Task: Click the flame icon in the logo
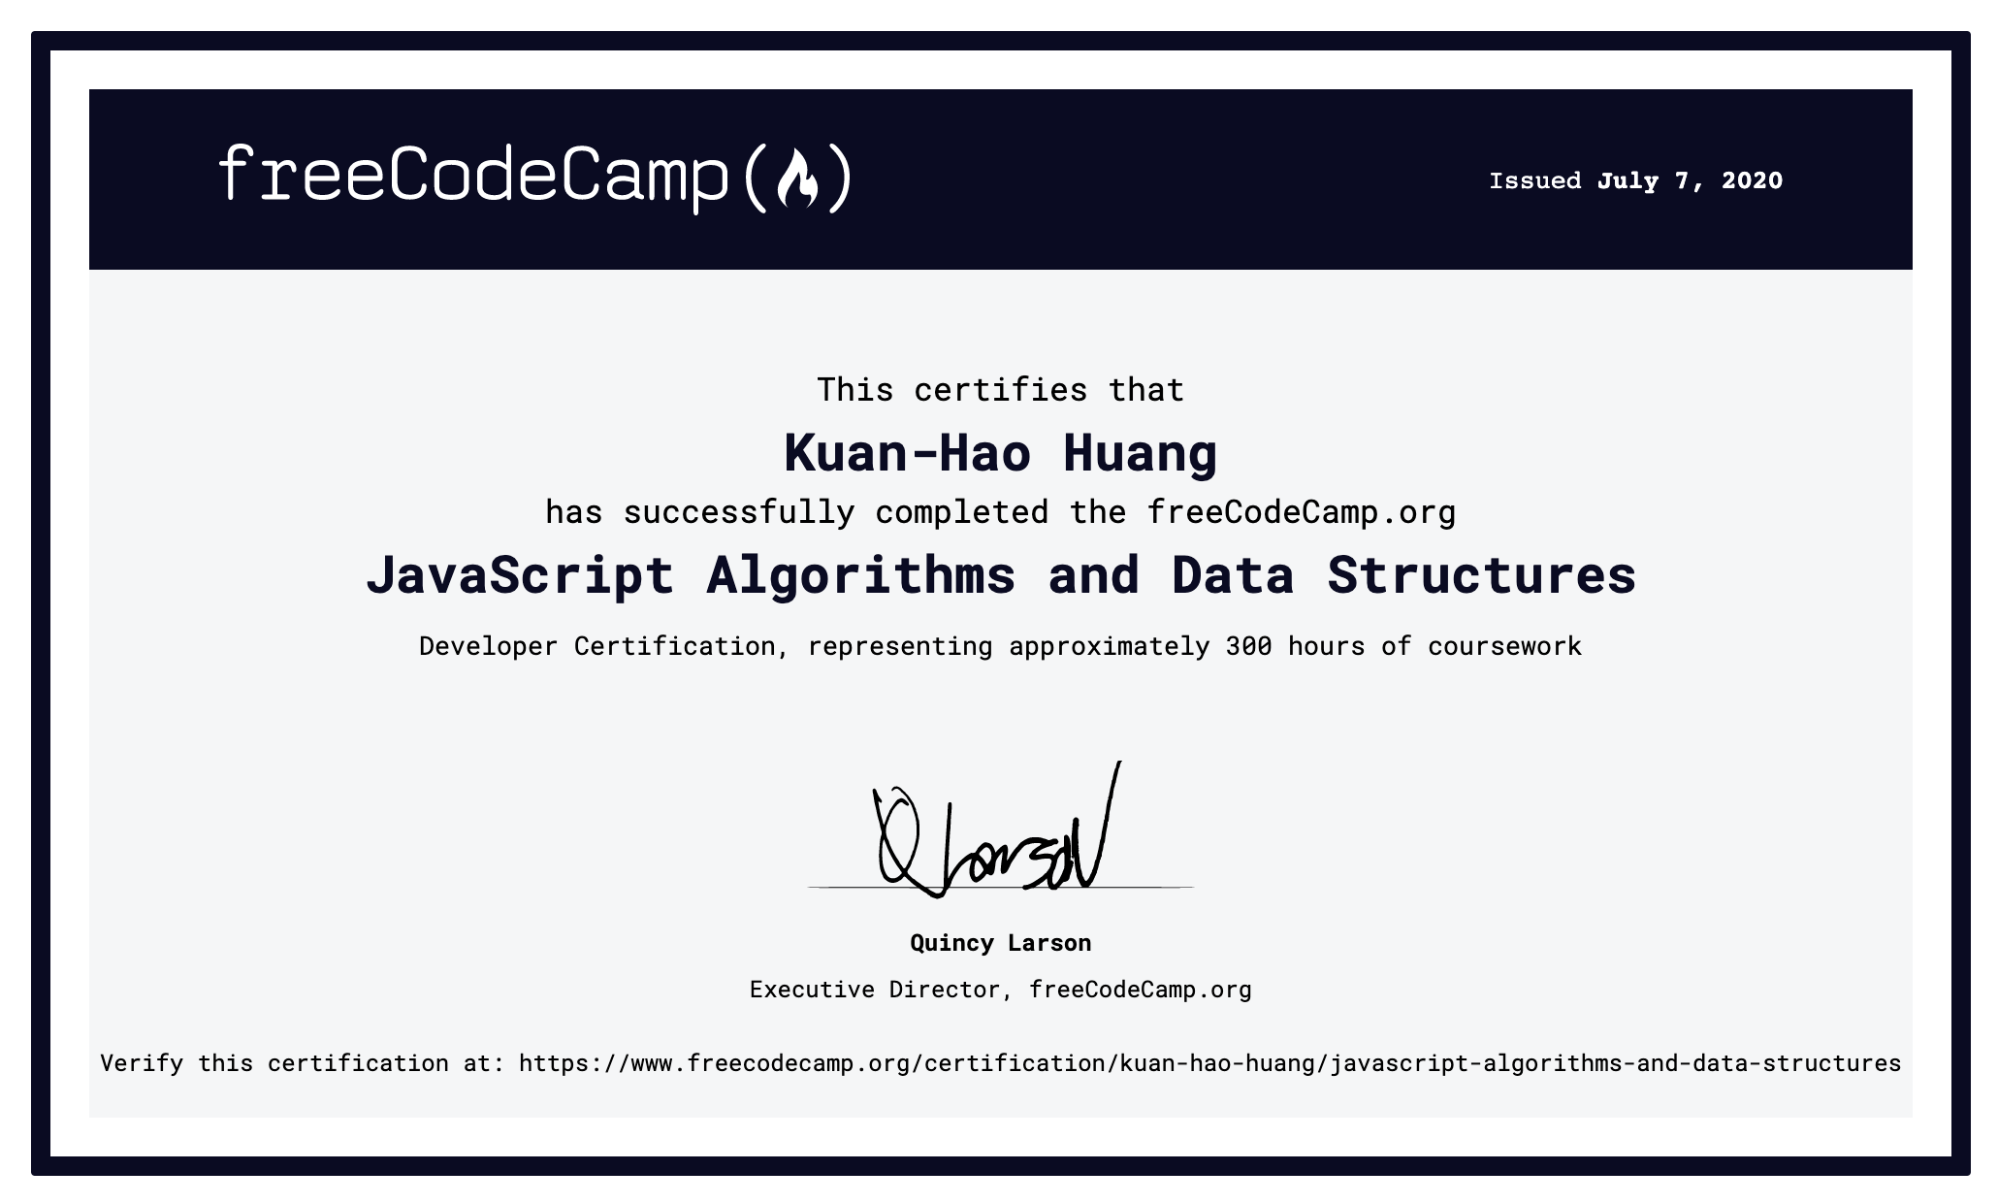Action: [797, 179]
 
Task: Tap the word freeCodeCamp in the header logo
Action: [473, 178]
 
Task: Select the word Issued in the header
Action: [1535, 180]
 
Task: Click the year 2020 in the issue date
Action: [1752, 180]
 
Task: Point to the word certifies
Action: [1001, 390]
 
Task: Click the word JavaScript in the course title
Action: [520, 575]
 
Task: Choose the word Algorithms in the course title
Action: [861, 575]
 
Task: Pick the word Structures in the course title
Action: [1482, 575]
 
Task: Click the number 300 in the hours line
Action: [1249, 646]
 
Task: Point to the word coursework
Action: [1504, 646]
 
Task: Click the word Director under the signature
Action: [951, 990]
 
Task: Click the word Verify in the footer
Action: [142, 1063]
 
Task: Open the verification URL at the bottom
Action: [1209, 1064]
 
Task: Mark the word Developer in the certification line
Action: [489, 647]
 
